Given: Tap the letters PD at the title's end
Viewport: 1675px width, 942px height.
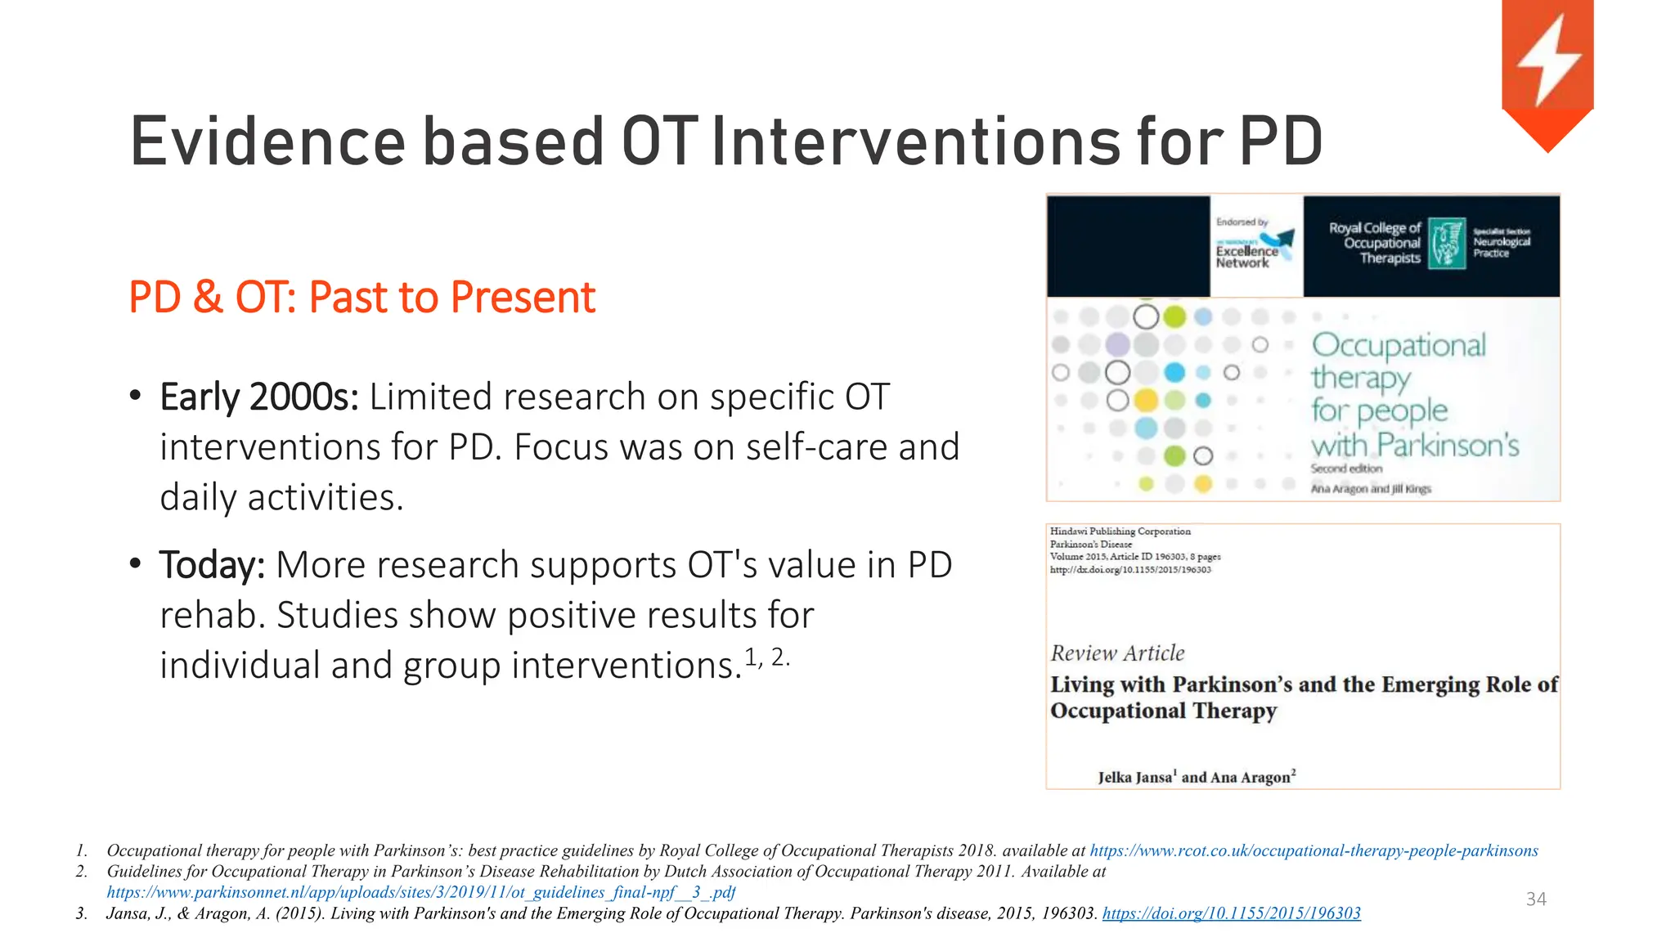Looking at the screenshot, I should point(1281,141).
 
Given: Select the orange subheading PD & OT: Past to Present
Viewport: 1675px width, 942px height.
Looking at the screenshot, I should point(361,297).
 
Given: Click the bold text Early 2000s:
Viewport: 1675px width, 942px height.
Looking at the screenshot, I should point(258,397).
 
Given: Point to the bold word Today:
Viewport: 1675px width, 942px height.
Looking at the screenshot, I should point(212,565).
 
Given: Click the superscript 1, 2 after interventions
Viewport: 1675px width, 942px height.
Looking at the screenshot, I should point(766,656).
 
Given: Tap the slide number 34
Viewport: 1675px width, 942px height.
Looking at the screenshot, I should point(1536,899).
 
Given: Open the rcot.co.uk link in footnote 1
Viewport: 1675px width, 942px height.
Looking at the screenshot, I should point(1314,850).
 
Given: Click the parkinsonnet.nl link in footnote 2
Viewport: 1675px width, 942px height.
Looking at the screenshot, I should point(420,892).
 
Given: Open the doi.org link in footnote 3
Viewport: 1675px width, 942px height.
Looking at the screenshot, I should point(1231,913).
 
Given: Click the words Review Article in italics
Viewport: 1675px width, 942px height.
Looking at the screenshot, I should point(1117,653).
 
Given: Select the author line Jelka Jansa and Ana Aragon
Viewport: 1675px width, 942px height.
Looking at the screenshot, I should point(1197,777).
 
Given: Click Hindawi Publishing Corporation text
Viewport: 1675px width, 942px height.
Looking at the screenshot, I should point(1120,532).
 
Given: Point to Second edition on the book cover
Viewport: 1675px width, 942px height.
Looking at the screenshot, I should point(1345,469).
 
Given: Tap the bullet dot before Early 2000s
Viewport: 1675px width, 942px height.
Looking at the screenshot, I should point(136,397).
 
